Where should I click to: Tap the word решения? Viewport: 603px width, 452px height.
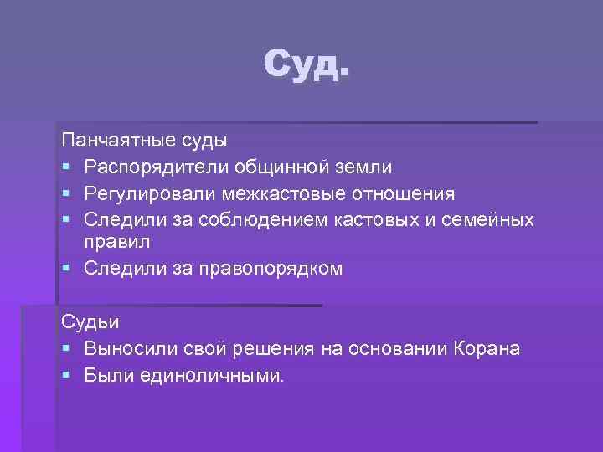point(280,348)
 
